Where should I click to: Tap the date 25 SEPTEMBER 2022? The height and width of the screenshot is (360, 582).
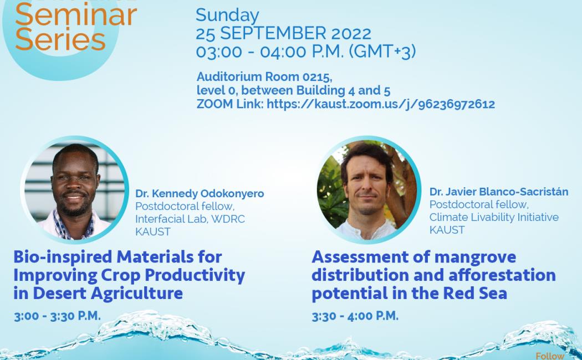coord(283,33)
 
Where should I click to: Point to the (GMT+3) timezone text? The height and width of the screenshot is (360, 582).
coord(382,52)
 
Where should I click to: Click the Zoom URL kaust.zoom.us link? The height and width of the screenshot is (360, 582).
coord(380,104)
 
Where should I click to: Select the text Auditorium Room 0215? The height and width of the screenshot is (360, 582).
coord(264,77)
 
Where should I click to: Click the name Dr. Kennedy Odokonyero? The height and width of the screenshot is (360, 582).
coord(200,193)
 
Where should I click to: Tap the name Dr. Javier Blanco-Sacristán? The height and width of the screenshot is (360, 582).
coord(498,192)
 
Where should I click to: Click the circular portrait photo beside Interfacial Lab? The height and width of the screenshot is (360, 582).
coord(75,190)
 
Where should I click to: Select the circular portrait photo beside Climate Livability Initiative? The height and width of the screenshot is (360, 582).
coord(368,190)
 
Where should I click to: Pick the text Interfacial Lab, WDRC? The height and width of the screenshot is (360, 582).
coord(190,219)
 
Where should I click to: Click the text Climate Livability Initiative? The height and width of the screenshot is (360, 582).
coord(494,217)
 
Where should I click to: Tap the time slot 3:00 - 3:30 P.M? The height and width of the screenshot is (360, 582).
coord(58,316)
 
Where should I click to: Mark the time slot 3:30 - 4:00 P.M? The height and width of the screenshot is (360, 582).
coord(355,316)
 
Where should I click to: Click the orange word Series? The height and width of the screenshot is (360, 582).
coord(60,40)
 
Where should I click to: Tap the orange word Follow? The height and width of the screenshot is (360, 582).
coord(550,356)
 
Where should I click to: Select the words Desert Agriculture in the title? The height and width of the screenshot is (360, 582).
coord(108,294)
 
